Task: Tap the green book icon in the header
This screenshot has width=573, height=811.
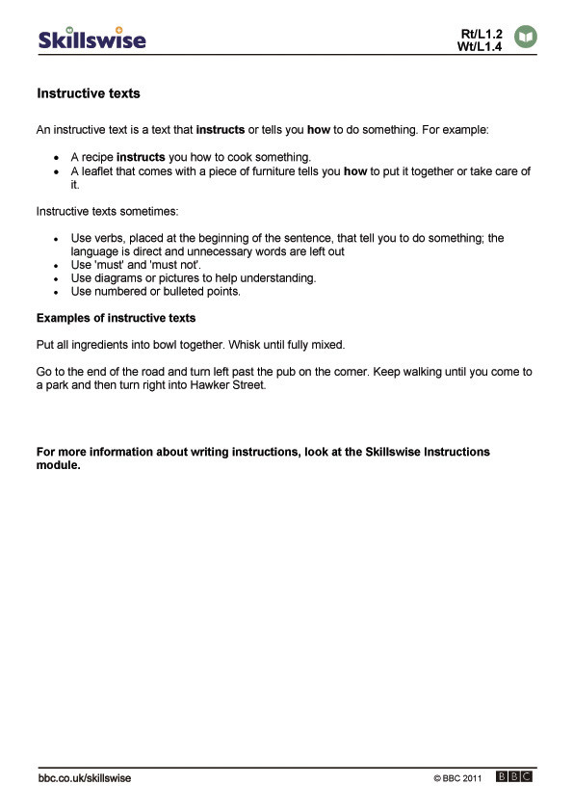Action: pos(526,37)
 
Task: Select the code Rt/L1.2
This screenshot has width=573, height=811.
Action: pos(482,34)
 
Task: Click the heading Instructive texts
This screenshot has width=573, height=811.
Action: pos(89,94)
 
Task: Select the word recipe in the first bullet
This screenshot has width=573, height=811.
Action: pos(97,157)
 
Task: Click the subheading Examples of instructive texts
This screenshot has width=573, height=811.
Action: pos(116,318)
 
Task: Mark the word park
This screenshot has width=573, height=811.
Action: pos(59,385)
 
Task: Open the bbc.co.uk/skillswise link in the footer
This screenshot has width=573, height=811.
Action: pos(85,777)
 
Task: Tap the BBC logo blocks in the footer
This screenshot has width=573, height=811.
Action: pos(514,776)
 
